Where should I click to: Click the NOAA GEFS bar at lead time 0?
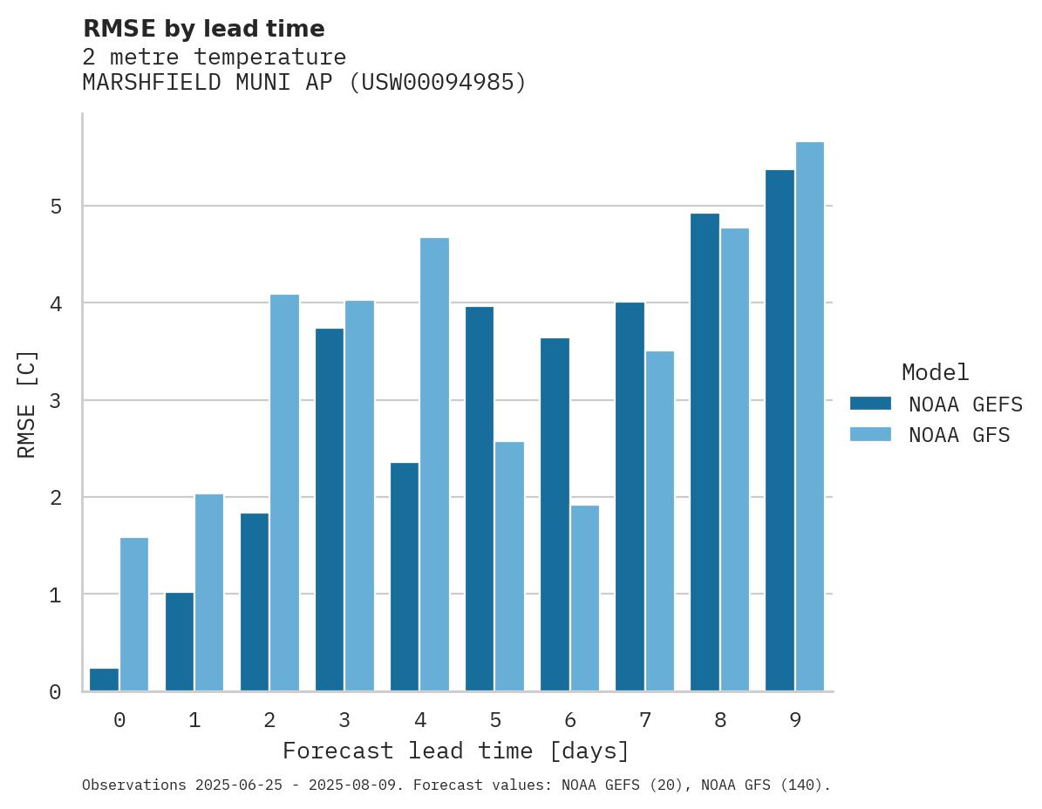[104, 680]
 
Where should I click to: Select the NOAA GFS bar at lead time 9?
[810, 417]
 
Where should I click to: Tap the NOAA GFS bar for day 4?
[434, 465]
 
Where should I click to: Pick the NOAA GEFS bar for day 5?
[480, 499]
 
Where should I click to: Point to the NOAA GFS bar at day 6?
[584, 598]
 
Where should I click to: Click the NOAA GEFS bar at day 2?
[255, 602]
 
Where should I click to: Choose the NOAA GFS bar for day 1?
[209, 593]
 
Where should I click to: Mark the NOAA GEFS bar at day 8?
[705, 452]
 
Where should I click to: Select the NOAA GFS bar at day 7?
[659, 521]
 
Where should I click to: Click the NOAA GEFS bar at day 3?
[330, 510]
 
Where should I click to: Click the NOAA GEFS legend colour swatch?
[870, 404]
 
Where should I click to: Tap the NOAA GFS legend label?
[959, 435]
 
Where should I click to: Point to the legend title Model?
[936, 373]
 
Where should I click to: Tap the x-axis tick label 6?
[570, 720]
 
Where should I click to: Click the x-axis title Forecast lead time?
[455, 751]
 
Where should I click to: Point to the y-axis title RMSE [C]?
[27, 404]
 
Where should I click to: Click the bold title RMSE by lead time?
[203, 29]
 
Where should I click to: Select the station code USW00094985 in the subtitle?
[439, 83]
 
